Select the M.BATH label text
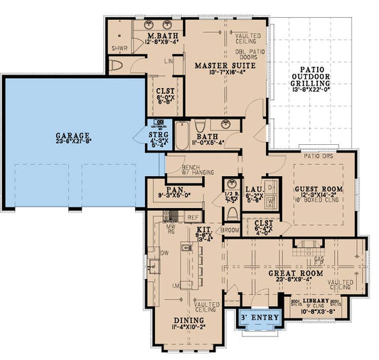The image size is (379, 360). click(161, 36)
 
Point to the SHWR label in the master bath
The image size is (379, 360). click(119, 49)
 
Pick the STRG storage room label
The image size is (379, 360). click(158, 133)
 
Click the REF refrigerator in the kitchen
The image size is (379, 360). click(193, 217)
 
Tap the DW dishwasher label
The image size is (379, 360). click(163, 252)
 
